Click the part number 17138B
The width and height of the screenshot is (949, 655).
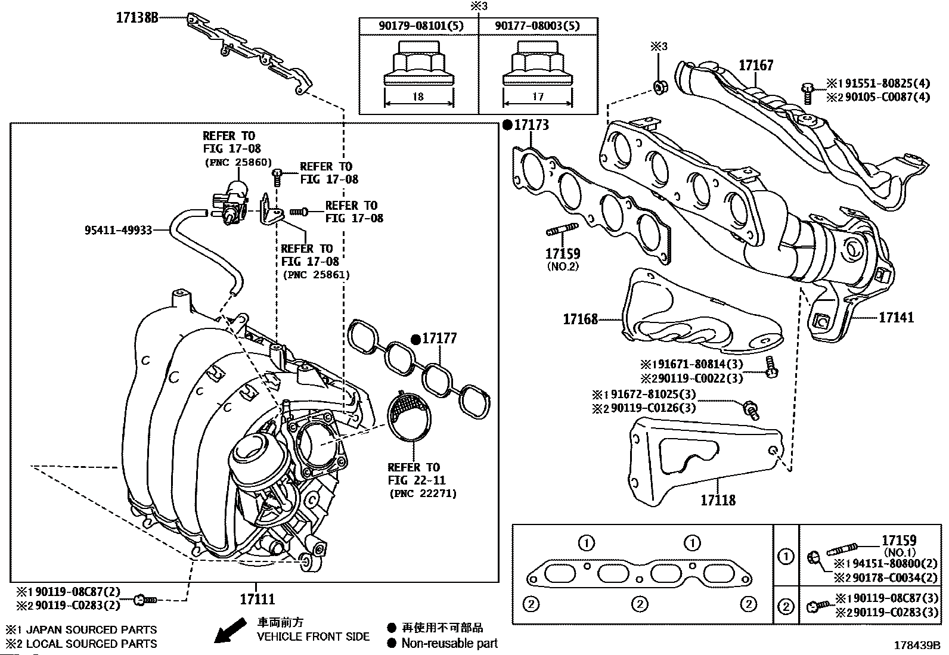(x=137, y=18)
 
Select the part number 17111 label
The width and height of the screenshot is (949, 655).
(x=257, y=598)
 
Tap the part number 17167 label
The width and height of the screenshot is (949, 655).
(x=756, y=66)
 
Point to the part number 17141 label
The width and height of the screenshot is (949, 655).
(x=896, y=317)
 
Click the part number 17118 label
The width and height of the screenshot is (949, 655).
(x=718, y=499)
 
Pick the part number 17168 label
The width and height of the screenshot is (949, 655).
(x=580, y=319)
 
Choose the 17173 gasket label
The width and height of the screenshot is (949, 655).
(x=531, y=125)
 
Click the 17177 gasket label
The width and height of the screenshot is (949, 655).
(x=439, y=339)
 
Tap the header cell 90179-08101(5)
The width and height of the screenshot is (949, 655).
(x=419, y=26)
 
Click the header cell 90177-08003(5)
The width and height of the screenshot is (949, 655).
(x=538, y=26)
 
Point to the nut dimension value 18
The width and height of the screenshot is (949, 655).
(x=418, y=97)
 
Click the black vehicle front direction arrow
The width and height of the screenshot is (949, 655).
(x=229, y=631)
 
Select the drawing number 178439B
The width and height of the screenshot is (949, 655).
(x=916, y=645)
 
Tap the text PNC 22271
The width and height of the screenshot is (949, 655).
(x=423, y=493)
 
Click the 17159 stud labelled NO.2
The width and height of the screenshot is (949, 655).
(x=562, y=254)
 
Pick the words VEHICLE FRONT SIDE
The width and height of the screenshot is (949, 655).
(x=314, y=637)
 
